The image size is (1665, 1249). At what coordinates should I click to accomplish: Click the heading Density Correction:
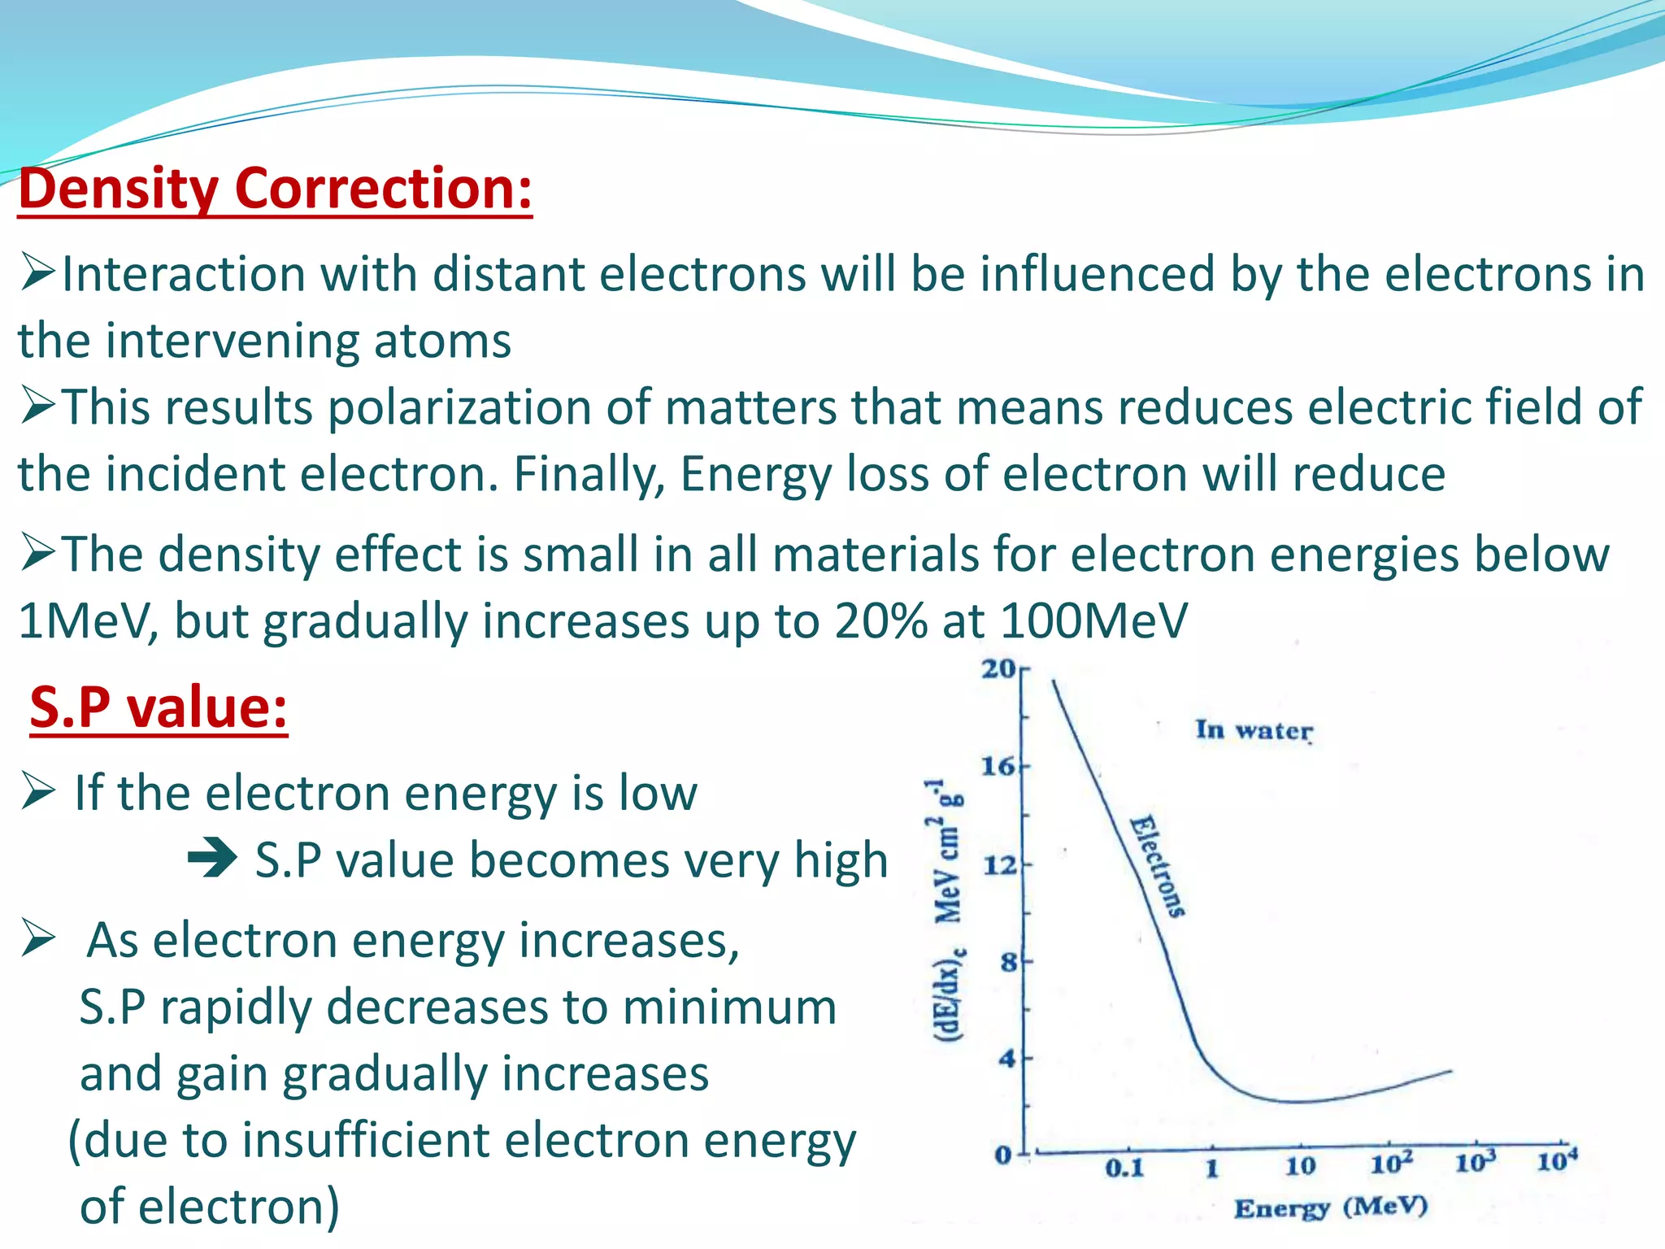coord(275,189)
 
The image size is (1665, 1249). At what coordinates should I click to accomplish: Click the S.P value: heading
coord(159,707)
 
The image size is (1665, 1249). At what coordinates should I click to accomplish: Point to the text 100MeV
coord(1093,621)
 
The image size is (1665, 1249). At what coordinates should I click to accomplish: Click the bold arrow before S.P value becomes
coord(213,859)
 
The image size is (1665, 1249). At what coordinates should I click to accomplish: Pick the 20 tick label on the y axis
coord(998,668)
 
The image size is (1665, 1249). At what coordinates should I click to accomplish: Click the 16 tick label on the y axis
coord(998,766)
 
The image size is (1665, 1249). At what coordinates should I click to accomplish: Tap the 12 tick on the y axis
coord(1000,864)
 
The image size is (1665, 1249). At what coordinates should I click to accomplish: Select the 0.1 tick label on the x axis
coord(1124,1169)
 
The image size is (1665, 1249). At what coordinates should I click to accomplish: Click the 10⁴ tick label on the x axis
coord(1557,1160)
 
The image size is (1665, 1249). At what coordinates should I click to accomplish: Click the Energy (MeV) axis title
coord(1330,1208)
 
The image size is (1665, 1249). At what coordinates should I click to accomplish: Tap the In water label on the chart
coord(1254,730)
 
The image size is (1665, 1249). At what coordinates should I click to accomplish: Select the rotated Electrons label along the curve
coord(1158,867)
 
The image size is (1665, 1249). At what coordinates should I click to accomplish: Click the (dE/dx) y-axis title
coord(948,911)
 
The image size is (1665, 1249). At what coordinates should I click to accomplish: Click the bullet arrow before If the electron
coord(38,791)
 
